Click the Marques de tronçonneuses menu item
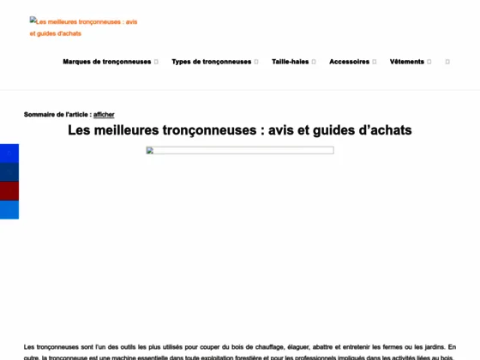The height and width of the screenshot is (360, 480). pyautogui.click(x=106, y=62)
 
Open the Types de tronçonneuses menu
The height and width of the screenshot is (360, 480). pyautogui.click(x=211, y=62)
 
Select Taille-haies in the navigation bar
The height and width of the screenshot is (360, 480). pyautogui.click(x=290, y=62)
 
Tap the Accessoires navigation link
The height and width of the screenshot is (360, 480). pyautogui.click(x=349, y=62)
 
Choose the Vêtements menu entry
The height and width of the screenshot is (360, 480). pyautogui.click(x=407, y=62)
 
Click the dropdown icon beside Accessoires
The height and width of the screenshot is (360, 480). pyautogui.click(x=375, y=62)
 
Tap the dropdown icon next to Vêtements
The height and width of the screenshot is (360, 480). pyautogui.click(x=429, y=62)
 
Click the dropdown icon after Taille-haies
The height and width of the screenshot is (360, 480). pyautogui.click(x=315, y=62)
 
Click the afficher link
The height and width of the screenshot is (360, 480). pyautogui.click(x=104, y=114)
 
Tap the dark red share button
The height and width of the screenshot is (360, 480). pyautogui.click(x=9, y=190)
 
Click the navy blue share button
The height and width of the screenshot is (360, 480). pyautogui.click(x=9, y=171)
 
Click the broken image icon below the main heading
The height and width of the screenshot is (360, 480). pyautogui.click(x=151, y=151)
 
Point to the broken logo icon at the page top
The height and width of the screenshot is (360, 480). pyautogui.click(x=34, y=21)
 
